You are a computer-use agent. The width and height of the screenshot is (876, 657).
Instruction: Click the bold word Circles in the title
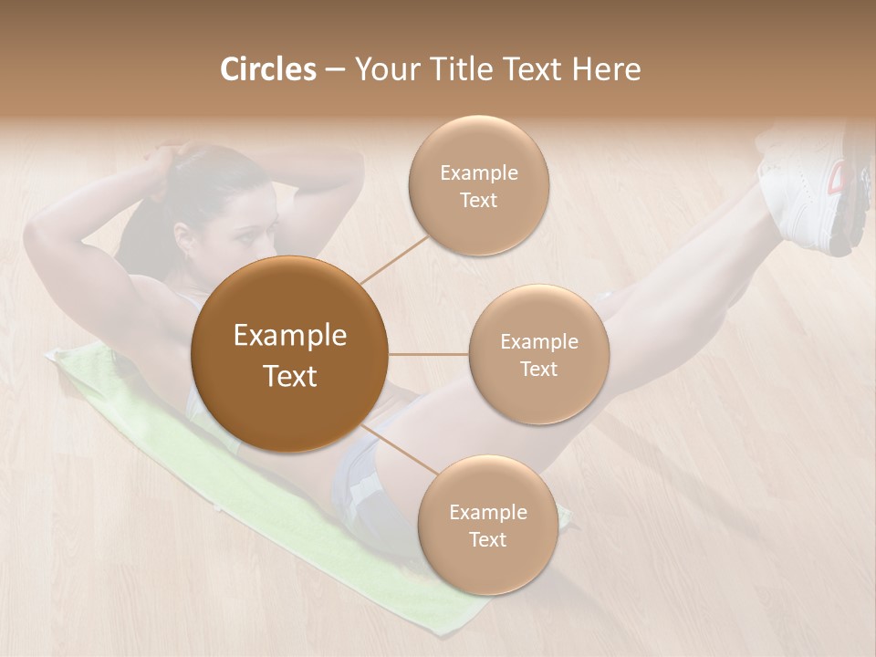click(x=267, y=69)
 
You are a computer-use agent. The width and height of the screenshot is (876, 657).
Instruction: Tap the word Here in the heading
click(x=606, y=69)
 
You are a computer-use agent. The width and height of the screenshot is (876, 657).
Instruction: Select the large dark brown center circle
click(x=289, y=354)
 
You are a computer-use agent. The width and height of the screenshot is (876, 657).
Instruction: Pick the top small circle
click(x=478, y=185)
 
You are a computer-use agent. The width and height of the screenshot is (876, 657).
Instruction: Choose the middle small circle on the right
click(x=538, y=354)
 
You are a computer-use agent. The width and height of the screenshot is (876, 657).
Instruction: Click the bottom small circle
click(x=487, y=525)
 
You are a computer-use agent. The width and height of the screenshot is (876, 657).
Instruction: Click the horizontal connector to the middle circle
click(x=429, y=354)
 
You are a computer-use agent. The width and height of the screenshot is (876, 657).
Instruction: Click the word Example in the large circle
click(x=289, y=336)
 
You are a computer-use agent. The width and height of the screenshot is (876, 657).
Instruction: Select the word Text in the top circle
click(x=478, y=200)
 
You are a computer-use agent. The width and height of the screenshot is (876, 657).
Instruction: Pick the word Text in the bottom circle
click(x=487, y=539)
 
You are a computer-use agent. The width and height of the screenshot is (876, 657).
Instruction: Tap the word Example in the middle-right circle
click(x=538, y=341)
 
